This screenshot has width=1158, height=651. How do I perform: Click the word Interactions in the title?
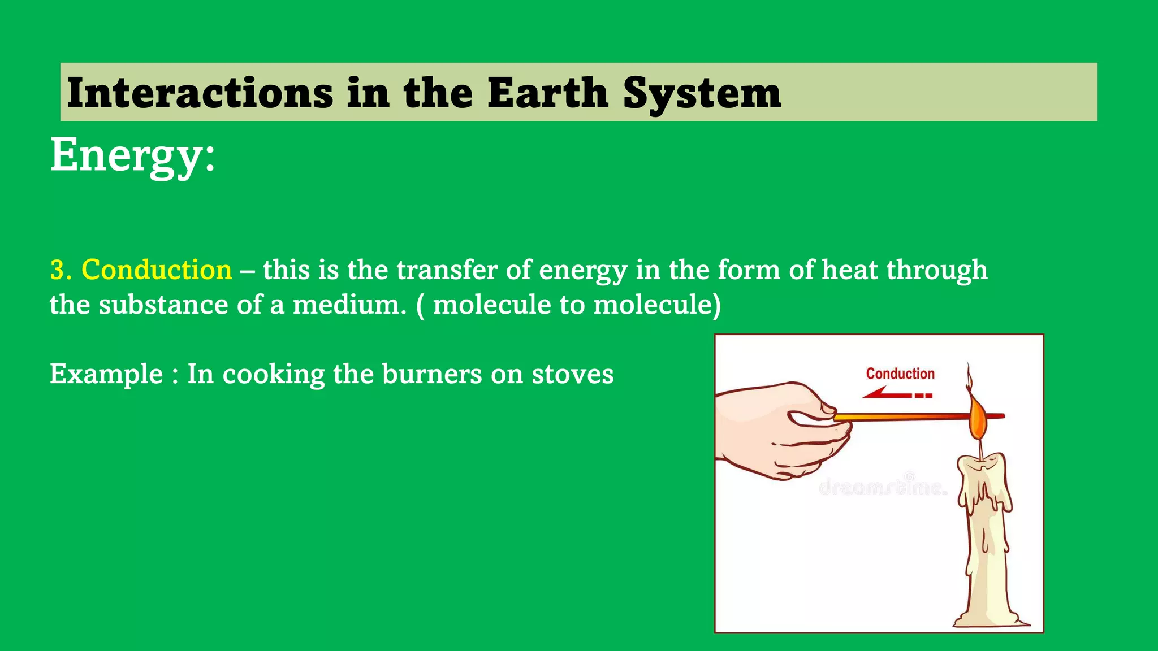(x=200, y=93)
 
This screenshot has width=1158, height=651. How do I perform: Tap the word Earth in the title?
(x=547, y=93)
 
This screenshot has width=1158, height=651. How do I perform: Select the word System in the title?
(x=702, y=93)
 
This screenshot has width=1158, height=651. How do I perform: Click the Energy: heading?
(x=133, y=155)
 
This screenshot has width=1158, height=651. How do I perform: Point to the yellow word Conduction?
(x=157, y=270)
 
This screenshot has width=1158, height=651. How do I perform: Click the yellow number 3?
(x=60, y=270)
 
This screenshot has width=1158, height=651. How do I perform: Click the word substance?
(x=163, y=305)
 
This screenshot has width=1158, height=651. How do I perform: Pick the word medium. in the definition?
(x=349, y=305)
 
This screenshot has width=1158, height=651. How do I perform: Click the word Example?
(x=106, y=374)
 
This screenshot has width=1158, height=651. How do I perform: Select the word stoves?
(x=572, y=374)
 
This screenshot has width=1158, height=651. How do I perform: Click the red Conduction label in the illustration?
(x=900, y=374)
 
